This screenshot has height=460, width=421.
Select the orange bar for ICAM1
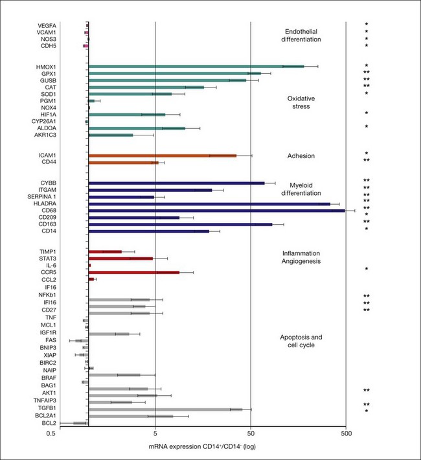click(x=162, y=155)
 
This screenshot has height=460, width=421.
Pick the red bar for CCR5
click(x=133, y=273)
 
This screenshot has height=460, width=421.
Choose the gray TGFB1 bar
click(x=165, y=409)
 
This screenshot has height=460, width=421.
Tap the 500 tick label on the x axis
click(x=346, y=436)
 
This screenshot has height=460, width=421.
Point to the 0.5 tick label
click(x=53, y=436)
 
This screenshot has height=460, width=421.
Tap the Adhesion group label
click(x=301, y=156)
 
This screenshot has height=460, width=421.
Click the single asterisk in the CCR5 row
click(x=366, y=269)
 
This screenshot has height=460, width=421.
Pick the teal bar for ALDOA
click(x=137, y=128)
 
